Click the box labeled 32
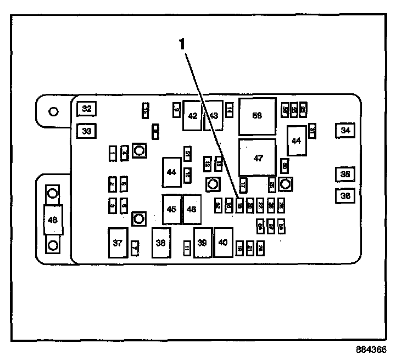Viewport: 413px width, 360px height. [x=86, y=109]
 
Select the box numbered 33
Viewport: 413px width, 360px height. [x=86, y=131]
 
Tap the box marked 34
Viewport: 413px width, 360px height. [x=345, y=131]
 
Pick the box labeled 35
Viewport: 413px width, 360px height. [x=345, y=175]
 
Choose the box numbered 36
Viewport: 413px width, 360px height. [x=345, y=195]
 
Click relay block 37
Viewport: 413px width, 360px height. [x=118, y=243]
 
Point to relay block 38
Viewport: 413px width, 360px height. [x=161, y=243]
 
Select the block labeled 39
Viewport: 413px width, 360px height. [x=203, y=243]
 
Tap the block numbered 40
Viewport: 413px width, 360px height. [x=223, y=243]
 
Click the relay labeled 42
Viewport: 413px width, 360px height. [x=192, y=116]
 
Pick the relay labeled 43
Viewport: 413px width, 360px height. [x=214, y=116]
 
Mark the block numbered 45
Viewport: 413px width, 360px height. [x=171, y=209]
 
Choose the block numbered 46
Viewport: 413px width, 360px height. [x=191, y=209]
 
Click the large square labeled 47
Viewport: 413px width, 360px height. [x=258, y=157]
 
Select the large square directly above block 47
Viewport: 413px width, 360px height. [x=257, y=116]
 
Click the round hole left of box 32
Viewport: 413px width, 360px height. [x=53, y=111]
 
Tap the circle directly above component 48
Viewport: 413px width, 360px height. [x=53, y=193]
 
